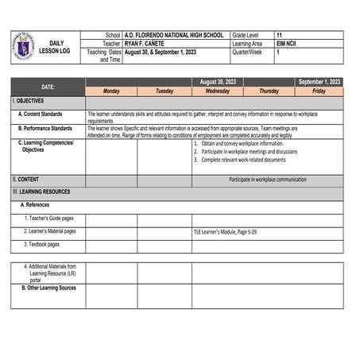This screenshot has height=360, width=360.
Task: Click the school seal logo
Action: pyautogui.click(x=24, y=47)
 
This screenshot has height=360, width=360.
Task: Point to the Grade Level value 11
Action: pyautogui.click(x=279, y=36)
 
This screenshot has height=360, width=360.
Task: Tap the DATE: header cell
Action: pyautogui.click(x=48, y=86)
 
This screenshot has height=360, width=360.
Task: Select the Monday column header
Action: pyautogui.click(x=111, y=91)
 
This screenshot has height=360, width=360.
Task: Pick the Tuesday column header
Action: pyautogui.click(x=164, y=91)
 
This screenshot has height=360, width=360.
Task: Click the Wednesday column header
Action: pyautogui.click(x=217, y=91)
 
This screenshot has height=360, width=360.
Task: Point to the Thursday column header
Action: pyautogui.click(x=269, y=91)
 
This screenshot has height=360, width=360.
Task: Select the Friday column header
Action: pyautogui.click(x=319, y=91)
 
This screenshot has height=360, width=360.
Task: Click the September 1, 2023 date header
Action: pyautogui.click(x=319, y=82)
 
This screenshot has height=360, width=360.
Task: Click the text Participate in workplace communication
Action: pyautogui.click(x=267, y=180)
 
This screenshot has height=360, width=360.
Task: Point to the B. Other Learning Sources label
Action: pyautogui.click(x=49, y=288)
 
